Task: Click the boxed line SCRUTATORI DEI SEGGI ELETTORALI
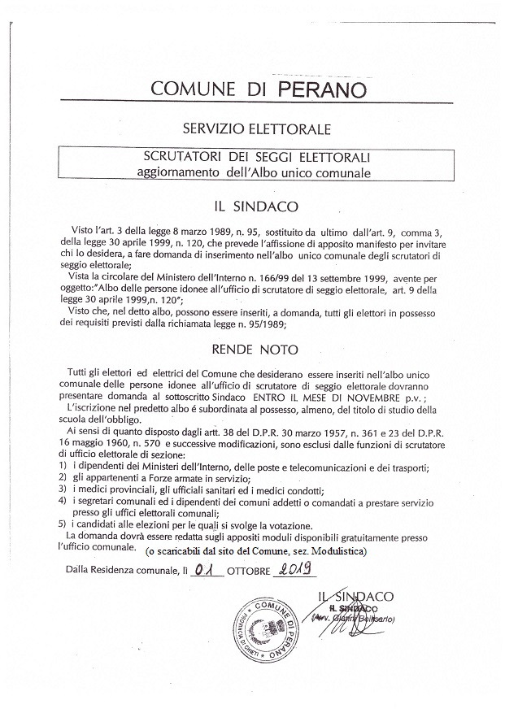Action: point(252,158)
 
